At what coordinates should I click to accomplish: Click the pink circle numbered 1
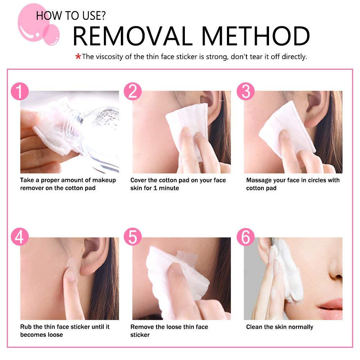click(x=20, y=92)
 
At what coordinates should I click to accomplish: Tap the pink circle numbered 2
click(x=133, y=92)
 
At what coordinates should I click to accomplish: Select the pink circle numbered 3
click(x=246, y=92)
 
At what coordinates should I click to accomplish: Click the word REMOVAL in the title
click(x=133, y=36)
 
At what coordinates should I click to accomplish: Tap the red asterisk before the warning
click(x=78, y=57)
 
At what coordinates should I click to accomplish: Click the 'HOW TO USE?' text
click(x=70, y=15)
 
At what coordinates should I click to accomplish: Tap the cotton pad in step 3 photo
click(x=284, y=126)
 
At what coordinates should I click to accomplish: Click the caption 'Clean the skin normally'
click(x=279, y=327)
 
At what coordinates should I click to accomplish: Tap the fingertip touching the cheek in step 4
click(x=70, y=275)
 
